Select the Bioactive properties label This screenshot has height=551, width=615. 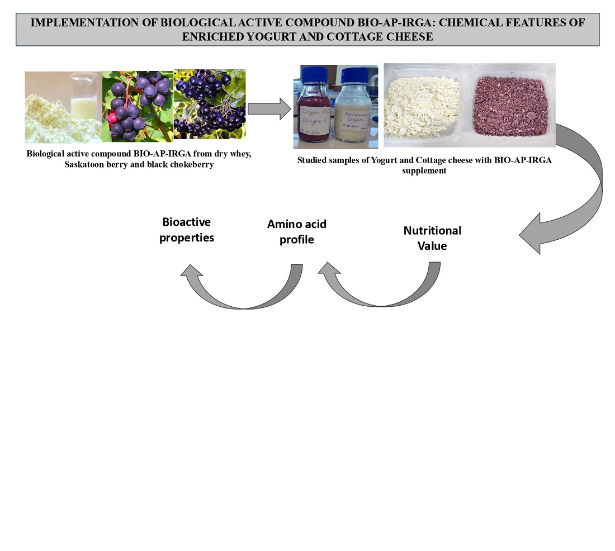coord(187,230)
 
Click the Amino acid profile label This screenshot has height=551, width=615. coord(297,231)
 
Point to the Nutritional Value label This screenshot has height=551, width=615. coord(432,237)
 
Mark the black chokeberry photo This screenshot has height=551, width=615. coord(210,104)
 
